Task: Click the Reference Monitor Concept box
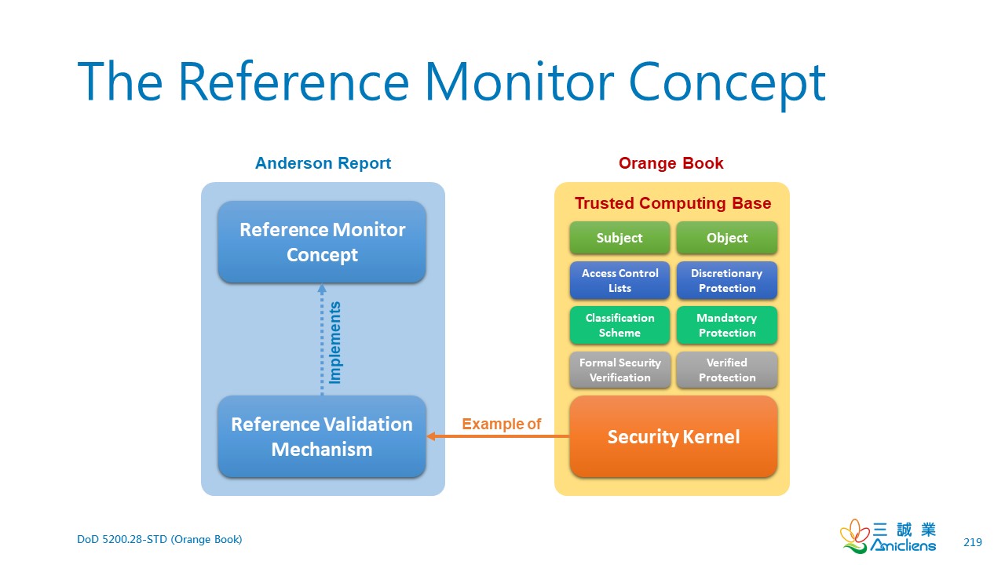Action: [322, 242]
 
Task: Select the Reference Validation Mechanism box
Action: [322, 436]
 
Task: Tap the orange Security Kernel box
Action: [674, 436]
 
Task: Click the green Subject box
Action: [619, 238]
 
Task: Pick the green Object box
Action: [727, 238]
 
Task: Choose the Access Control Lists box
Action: [619, 280]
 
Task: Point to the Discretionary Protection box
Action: [727, 280]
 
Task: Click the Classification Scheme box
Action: [619, 325]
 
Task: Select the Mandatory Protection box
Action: [727, 325]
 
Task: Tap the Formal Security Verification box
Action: [619, 370]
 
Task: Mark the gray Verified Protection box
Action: [727, 370]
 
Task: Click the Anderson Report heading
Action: [323, 163]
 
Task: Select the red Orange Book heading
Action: [671, 163]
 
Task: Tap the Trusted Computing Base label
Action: [673, 203]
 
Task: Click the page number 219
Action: [972, 542]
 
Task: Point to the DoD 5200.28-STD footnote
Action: [159, 539]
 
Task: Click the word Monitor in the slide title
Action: [519, 81]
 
